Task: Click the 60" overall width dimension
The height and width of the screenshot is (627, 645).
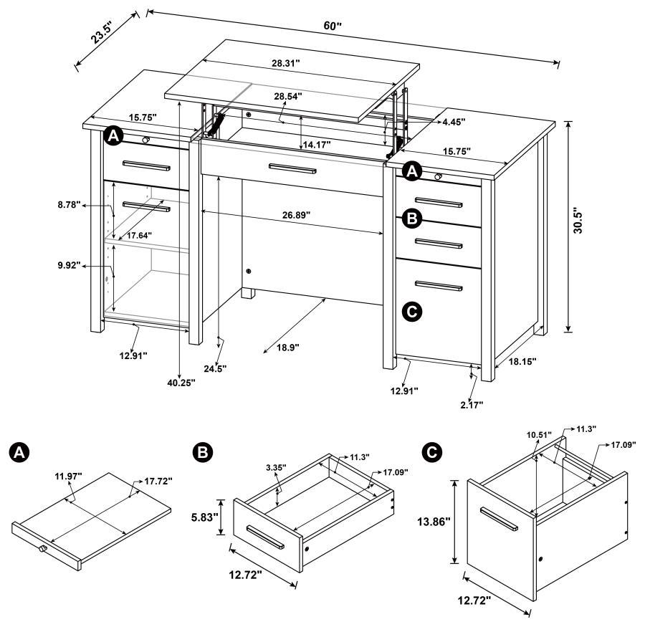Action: [333, 26]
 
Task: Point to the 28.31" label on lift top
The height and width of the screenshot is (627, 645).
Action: [286, 64]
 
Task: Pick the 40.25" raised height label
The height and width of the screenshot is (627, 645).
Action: [181, 383]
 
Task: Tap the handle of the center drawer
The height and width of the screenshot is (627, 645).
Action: [292, 168]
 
